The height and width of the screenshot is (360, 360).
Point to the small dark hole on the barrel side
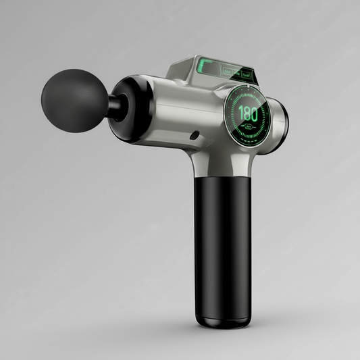(195, 135)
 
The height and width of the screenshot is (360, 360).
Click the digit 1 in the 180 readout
(240, 113)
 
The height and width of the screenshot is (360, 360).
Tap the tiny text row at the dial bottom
(250, 140)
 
